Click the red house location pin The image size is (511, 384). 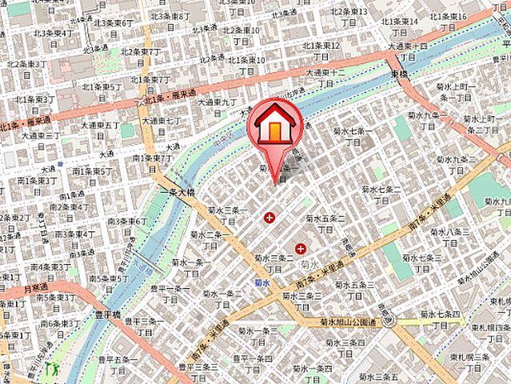click(x=275, y=129)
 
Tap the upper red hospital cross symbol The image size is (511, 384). click(x=269, y=218)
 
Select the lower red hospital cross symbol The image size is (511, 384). click(x=301, y=249)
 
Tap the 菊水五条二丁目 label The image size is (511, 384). click(x=329, y=222)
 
